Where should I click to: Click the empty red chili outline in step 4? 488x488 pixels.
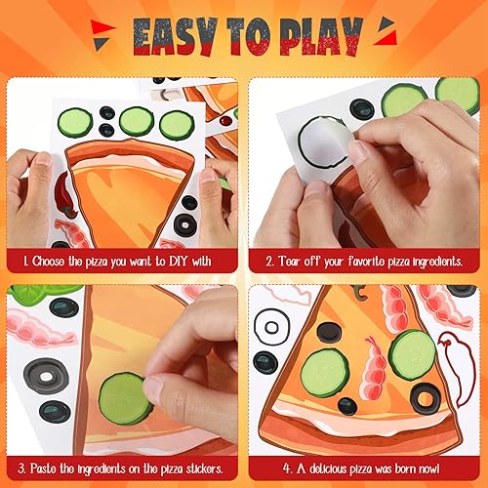[453, 355]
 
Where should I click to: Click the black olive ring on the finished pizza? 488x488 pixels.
[425, 396]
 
